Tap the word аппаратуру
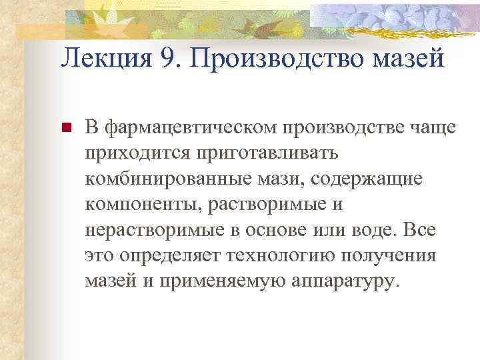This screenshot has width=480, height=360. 345,281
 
